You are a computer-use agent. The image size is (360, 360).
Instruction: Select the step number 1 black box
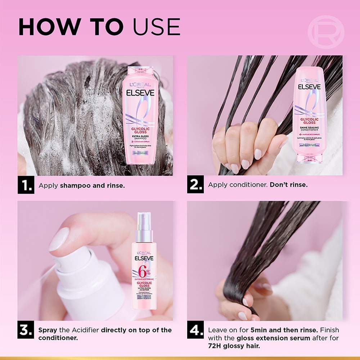tap(26, 185)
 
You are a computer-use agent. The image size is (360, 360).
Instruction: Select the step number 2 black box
tap(195, 185)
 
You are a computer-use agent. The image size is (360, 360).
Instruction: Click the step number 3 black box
tap(26, 330)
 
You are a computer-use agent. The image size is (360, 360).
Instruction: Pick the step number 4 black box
tap(195, 330)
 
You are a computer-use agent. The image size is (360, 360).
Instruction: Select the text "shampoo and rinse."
tap(92, 186)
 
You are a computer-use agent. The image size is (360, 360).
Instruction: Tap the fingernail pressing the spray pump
tap(58, 239)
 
